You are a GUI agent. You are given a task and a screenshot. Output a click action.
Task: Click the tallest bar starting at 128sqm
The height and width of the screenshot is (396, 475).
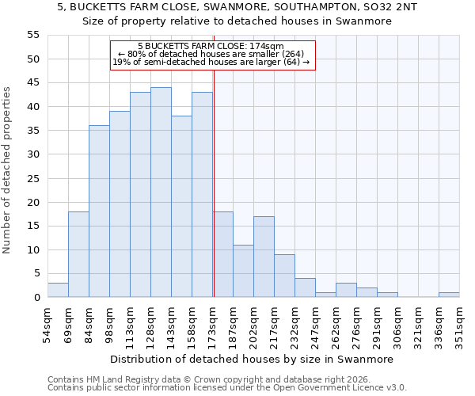tap(161, 192)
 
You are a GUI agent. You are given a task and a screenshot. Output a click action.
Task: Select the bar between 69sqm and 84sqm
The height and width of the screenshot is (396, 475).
tap(78, 254)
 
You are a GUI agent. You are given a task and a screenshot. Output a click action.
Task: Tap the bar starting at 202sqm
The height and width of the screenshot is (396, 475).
tap(264, 257)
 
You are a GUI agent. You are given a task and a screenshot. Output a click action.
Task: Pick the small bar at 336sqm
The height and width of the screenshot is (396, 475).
tap(449, 295)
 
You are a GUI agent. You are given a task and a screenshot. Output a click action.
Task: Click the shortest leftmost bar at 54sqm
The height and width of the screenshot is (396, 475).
tap(58, 290)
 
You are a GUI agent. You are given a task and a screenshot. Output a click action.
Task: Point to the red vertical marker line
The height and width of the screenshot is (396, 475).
tap(214, 182)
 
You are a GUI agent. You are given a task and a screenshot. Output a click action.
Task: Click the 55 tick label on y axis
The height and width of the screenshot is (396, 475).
tap(32, 35)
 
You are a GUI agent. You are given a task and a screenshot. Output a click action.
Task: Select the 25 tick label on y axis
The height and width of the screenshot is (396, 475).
tap(32, 178)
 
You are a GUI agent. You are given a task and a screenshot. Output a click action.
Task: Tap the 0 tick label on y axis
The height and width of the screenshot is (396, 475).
tap(36, 298)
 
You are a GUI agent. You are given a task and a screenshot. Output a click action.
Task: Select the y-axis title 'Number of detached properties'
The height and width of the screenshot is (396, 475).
tap(8, 170)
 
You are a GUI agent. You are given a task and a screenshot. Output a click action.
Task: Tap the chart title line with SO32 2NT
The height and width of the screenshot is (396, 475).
tap(237, 7)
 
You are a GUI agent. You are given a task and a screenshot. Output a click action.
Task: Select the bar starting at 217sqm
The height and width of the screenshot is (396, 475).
tap(284, 276)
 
